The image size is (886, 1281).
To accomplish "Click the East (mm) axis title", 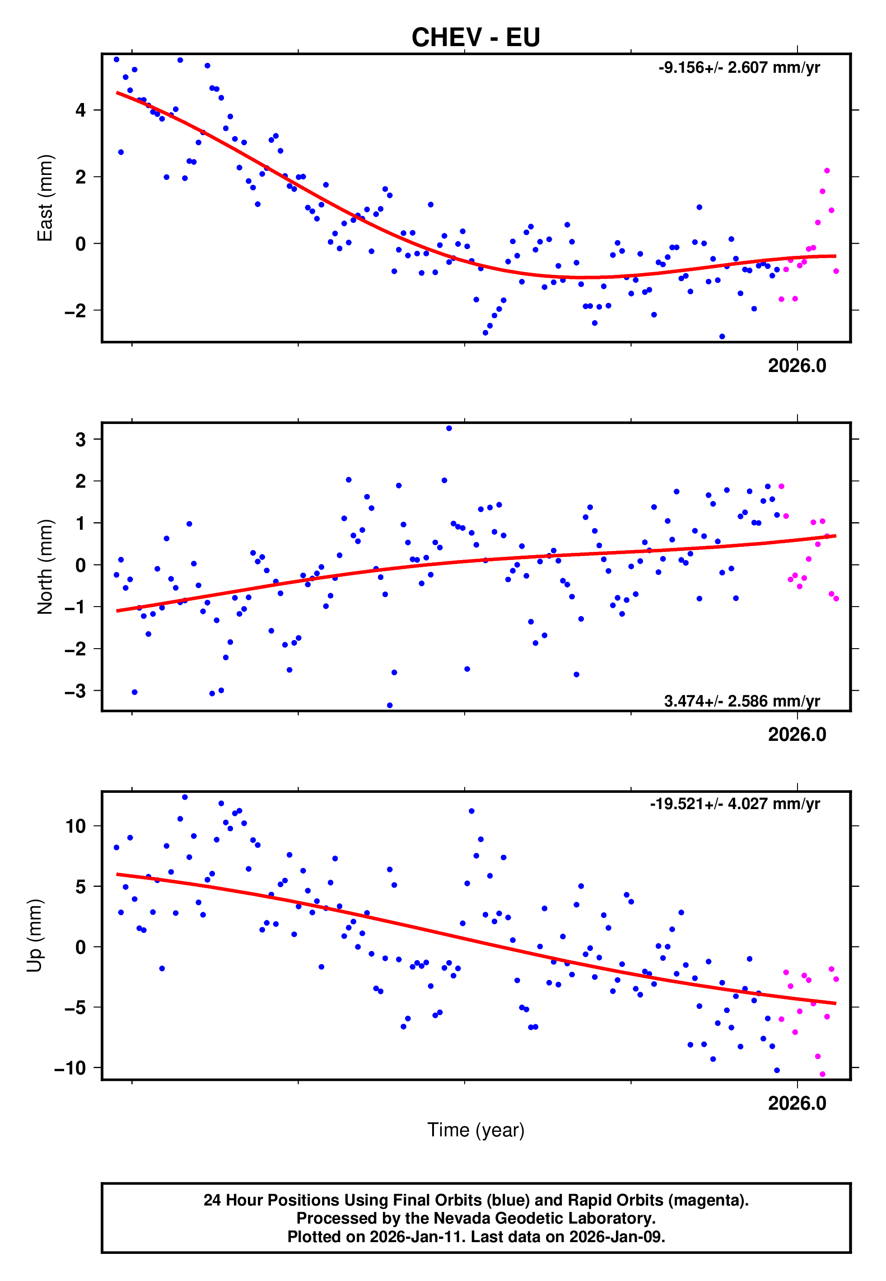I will click(44, 198).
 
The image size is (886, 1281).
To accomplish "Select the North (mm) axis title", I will click(44, 567).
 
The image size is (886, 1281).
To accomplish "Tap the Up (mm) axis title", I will click(34, 936).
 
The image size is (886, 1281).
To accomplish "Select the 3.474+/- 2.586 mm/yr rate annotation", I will click(741, 701).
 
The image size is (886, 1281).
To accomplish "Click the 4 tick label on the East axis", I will click(81, 110).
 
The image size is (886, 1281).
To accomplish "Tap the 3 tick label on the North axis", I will click(81, 439).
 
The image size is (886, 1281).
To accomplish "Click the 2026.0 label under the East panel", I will click(797, 366).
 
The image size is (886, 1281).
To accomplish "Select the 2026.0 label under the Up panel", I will click(797, 1103).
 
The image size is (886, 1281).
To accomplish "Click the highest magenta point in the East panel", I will click(826, 170).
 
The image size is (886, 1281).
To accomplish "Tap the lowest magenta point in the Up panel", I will click(822, 1074).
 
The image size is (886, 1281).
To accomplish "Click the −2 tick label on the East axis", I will click(75, 311).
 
